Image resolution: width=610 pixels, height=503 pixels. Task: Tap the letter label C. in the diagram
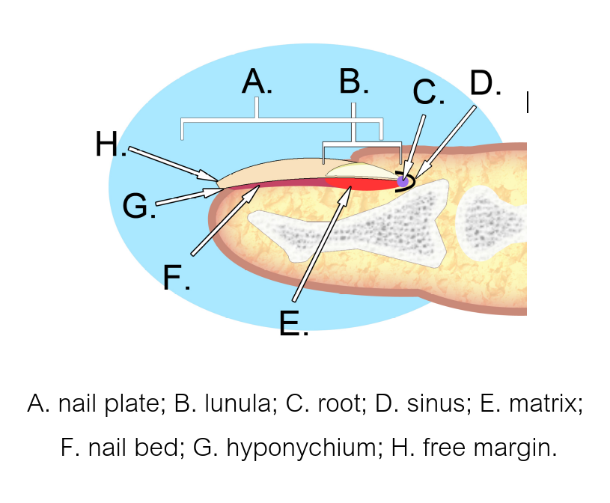[428, 93]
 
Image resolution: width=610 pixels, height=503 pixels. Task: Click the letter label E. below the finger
[293, 323]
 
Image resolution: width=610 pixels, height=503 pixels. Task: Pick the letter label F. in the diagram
[177, 278]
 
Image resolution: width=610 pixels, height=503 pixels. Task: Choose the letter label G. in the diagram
[139, 206]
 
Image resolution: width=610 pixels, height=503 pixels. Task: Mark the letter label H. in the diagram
[111, 144]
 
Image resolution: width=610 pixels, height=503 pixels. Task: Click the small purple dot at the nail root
[403, 180]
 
